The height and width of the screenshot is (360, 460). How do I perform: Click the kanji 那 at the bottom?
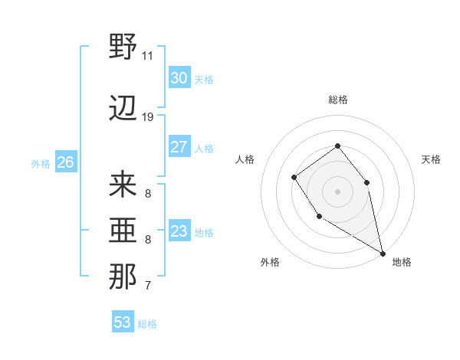point(123,277)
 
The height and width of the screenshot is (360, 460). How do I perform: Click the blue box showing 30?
point(179,78)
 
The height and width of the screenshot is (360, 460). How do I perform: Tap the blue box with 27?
point(179,147)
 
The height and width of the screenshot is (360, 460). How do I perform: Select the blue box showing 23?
point(179,231)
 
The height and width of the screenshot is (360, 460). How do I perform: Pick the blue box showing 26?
point(65,162)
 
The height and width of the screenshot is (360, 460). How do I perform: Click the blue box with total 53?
point(123,322)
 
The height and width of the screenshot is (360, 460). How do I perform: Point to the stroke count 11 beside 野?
point(148,56)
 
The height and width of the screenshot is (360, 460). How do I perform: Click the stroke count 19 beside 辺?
point(148,117)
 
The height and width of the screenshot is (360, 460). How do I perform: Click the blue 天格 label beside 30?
point(203,79)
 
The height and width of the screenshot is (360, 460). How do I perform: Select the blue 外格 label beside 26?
point(41,163)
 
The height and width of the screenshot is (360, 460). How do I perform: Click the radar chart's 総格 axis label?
point(338,100)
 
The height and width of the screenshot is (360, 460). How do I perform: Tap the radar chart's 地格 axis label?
point(402,262)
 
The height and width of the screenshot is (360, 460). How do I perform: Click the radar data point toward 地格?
point(383,253)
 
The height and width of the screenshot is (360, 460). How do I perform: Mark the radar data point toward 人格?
point(294,178)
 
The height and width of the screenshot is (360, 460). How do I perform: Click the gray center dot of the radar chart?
point(337,191)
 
